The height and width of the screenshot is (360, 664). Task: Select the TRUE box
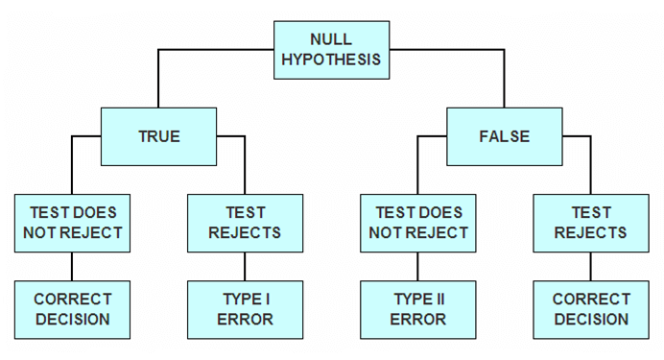click(x=158, y=135)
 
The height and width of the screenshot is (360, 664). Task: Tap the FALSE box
click(x=504, y=135)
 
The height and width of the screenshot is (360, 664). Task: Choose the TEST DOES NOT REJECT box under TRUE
click(x=72, y=223)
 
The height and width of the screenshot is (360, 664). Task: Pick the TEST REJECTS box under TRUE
click(x=245, y=223)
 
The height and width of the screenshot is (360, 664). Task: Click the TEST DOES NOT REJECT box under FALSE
click(x=417, y=223)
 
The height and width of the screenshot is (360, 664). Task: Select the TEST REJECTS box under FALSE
click(x=590, y=223)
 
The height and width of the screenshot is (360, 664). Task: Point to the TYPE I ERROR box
click(x=245, y=309)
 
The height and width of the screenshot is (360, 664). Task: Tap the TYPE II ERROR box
click(x=417, y=309)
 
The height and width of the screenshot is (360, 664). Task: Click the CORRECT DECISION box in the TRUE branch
click(x=72, y=309)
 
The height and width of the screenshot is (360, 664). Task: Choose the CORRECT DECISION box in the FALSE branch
click(x=590, y=309)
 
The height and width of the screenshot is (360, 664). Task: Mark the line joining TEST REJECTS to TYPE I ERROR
click(x=245, y=266)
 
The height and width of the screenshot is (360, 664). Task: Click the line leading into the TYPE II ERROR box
click(x=417, y=266)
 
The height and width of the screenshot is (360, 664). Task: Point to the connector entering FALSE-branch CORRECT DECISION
click(x=590, y=266)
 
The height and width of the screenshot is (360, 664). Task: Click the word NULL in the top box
click(x=331, y=38)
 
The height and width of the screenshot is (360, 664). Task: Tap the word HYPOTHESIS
click(x=331, y=59)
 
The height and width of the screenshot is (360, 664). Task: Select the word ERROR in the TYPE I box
click(x=245, y=320)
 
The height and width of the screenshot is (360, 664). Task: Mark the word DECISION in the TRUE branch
click(x=72, y=320)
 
